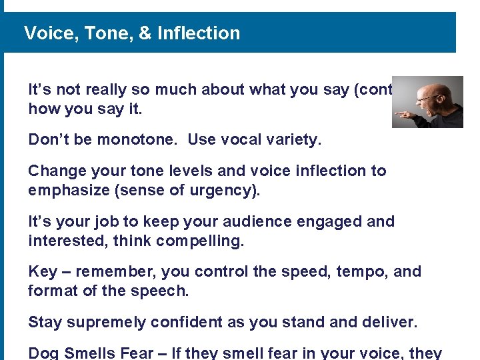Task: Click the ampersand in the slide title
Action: click(x=145, y=33)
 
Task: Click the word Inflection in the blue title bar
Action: click(x=199, y=33)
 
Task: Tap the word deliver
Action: click(x=389, y=323)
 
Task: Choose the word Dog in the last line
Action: click(x=43, y=353)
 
